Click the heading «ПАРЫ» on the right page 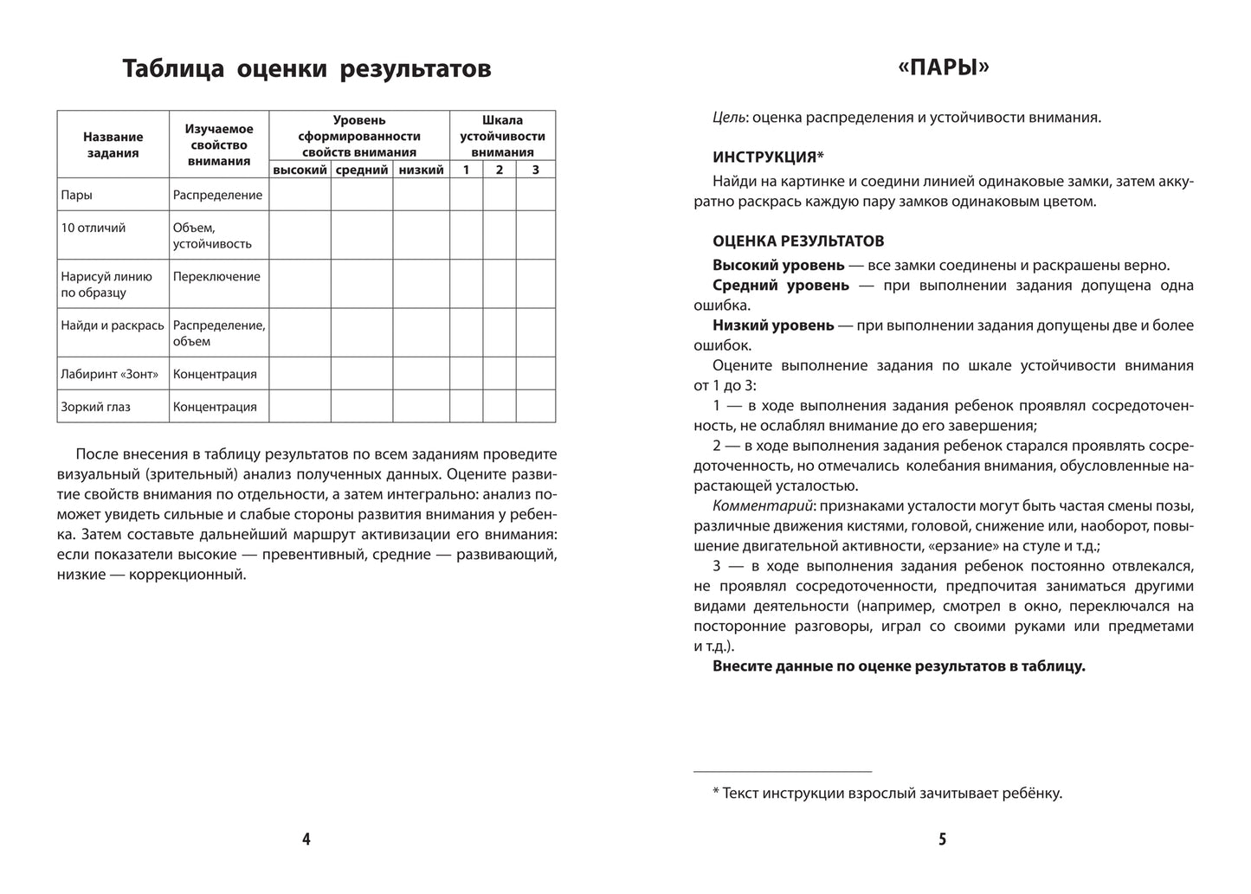tap(943, 67)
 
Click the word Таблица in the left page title tap(174, 68)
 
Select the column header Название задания tap(113, 145)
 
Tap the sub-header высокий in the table tap(300, 170)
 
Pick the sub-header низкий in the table tap(421, 170)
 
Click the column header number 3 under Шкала tap(535, 170)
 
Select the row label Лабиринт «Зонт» tap(110, 374)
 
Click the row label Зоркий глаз tap(96, 407)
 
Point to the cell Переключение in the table tap(216, 277)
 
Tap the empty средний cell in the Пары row tap(361, 195)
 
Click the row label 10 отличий tap(94, 228)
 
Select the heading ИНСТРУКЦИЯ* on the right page tap(768, 157)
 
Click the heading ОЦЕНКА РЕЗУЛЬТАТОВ tap(797, 241)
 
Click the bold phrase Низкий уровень tap(772, 325)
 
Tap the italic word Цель tap(729, 117)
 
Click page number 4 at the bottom tap(306, 839)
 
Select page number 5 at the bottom tap(943, 839)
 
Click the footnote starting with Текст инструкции tap(892, 793)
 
